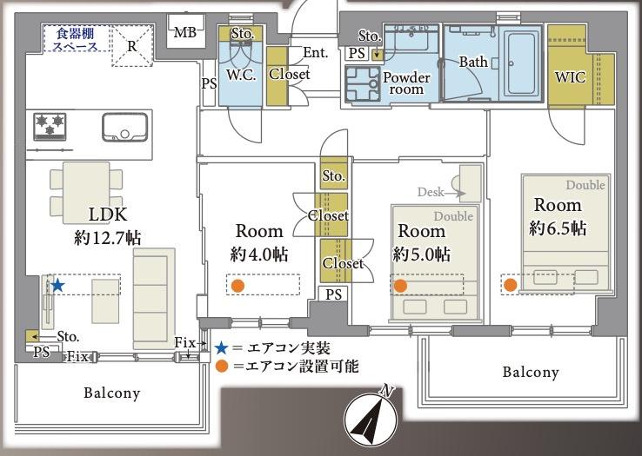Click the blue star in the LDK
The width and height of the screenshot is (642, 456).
pyautogui.click(x=57, y=285)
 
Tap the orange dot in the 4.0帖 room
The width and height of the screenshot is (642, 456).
pyautogui.click(x=237, y=285)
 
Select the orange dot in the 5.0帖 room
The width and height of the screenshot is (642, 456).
pyautogui.click(x=400, y=285)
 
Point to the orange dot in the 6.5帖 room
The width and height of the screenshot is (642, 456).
pyautogui.click(x=511, y=284)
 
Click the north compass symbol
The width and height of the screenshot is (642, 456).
pyautogui.click(x=372, y=419)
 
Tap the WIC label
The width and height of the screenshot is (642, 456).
pyautogui.click(x=570, y=77)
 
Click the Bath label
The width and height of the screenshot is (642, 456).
pyautogui.click(x=473, y=62)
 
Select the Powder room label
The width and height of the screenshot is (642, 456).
pyautogui.click(x=406, y=83)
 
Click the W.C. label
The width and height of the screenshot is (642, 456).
pyautogui.click(x=240, y=74)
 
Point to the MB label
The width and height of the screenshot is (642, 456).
pyautogui.click(x=184, y=34)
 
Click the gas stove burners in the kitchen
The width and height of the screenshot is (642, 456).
pyautogui.click(x=50, y=126)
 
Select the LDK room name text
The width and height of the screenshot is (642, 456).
pyautogui.click(x=108, y=214)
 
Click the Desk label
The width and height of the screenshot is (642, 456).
pyautogui.click(x=431, y=191)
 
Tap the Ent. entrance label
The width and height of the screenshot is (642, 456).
pyautogui.click(x=315, y=54)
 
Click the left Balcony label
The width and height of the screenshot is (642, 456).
pyautogui.click(x=111, y=393)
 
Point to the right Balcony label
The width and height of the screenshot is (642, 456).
pyautogui.click(x=530, y=373)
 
